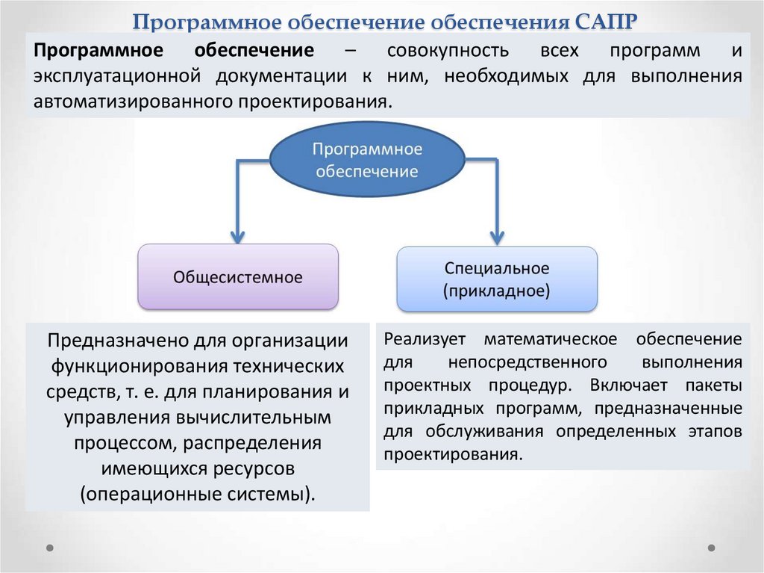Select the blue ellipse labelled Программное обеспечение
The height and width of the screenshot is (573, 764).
(366, 160)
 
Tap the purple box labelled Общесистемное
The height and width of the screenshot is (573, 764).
(238, 277)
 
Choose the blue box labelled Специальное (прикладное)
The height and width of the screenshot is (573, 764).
(497, 279)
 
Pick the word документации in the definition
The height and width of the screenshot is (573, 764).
(279, 75)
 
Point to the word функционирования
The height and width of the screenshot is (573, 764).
(138, 366)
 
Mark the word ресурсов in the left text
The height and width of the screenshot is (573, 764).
(254, 468)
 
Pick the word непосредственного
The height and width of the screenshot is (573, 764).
(527, 362)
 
